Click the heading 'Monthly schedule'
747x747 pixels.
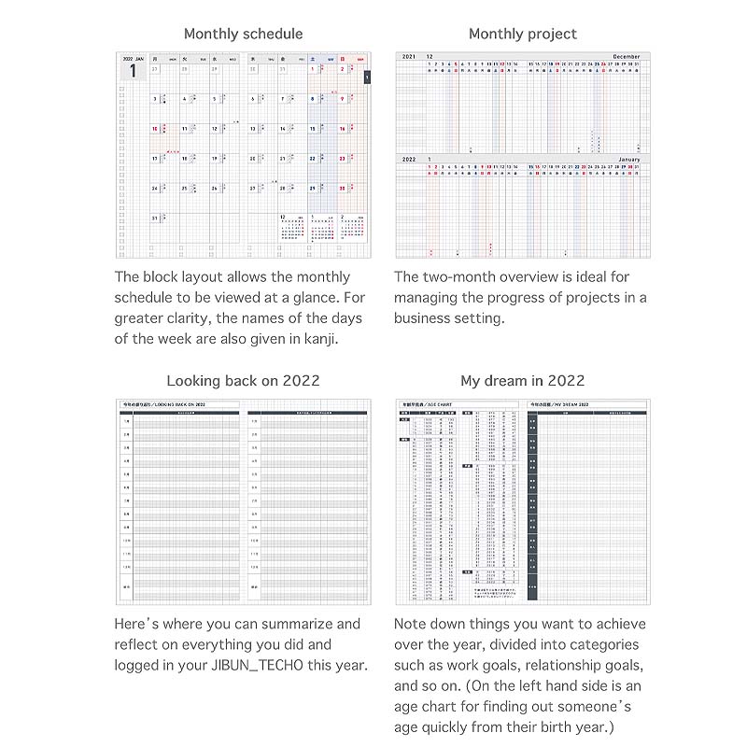(243, 34)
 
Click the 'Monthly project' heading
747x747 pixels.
(523, 34)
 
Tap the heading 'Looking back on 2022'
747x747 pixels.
(243, 380)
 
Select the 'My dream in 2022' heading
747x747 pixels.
(523, 380)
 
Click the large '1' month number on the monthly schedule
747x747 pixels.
(133, 72)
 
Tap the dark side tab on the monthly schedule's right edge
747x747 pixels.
(368, 78)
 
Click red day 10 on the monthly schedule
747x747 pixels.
(154, 129)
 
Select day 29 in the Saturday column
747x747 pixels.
(314, 188)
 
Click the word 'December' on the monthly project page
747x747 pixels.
(627, 57)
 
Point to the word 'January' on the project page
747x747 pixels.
(629, 160)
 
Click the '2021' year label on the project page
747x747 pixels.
(408, 57)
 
